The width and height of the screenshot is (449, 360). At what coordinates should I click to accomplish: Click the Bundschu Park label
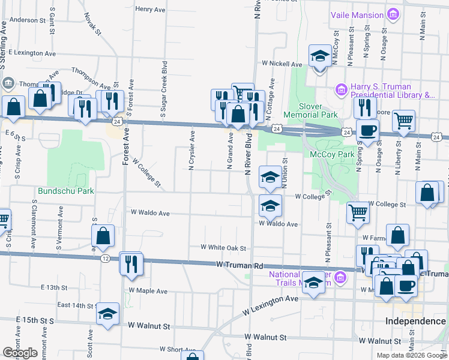tap(66, 191)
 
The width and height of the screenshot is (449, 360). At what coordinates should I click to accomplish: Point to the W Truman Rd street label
tap(240, 265)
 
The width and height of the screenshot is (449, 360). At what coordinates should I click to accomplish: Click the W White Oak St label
tap(223, 247)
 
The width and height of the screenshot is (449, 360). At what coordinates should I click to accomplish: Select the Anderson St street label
tap(28, 20)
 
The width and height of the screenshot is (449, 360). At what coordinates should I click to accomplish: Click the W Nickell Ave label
tap(282, 64)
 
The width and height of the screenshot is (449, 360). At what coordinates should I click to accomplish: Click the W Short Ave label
tap(178, 349)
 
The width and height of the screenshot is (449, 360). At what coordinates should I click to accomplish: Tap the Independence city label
tap(415, 322)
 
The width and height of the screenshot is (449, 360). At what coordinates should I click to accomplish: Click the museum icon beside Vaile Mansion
tap(394, 14)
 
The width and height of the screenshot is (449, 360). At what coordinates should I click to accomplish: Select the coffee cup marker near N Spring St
tap(367, 130)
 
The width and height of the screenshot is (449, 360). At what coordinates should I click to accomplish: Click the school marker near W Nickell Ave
tap(320, 57)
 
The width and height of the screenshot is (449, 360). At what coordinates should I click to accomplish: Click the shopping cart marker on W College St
tap(358, 211)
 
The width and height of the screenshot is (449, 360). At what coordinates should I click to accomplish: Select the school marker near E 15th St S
tap(108, 314)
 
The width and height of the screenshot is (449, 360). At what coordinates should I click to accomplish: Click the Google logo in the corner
tap(20, 352)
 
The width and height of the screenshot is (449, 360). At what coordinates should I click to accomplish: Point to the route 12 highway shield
tap(105, 259)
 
